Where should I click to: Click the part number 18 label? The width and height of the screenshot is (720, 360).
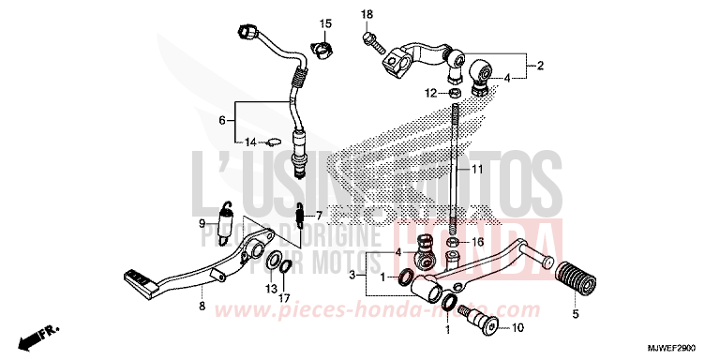pos(367,14)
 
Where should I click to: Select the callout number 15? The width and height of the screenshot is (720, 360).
pos(325,22)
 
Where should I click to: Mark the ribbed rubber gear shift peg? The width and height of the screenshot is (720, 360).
pos(571,271)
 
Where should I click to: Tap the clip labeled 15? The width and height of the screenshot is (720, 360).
pos(321,48)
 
